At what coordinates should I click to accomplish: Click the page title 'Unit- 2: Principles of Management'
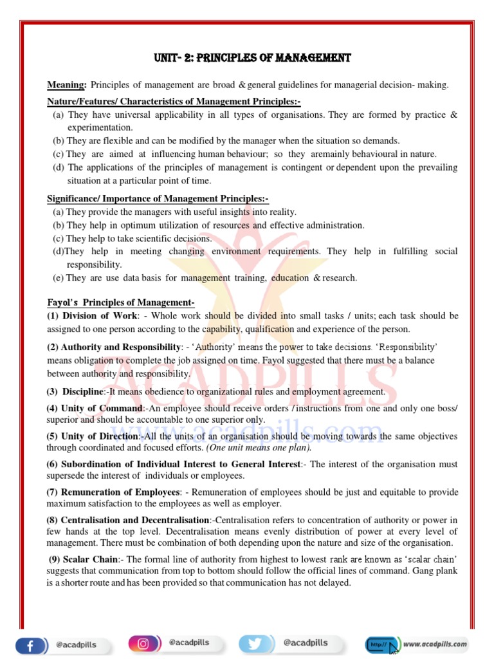(x=252, y=58)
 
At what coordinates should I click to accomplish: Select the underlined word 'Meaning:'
(x=67, y=86)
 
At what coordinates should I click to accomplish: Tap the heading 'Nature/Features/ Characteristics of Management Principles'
(x=174, y=102)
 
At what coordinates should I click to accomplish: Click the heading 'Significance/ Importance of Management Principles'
(x=158, y=198)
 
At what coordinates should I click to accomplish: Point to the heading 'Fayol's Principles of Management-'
(x=121, y=302)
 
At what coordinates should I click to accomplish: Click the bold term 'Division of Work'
(x=100, y=316)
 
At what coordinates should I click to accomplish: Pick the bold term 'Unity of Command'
(x=102, y=409)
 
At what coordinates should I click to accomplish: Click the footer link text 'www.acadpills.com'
(x=435, y=643)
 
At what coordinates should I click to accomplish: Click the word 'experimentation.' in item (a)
(x=100, y=127)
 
